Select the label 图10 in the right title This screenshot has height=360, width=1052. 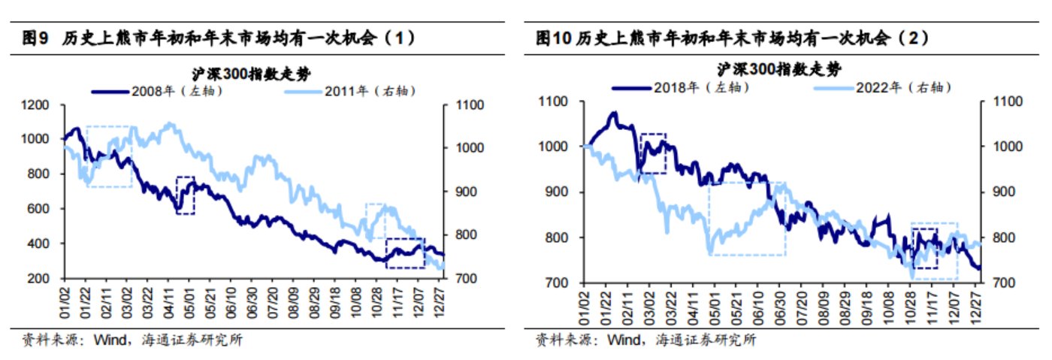point(553,38)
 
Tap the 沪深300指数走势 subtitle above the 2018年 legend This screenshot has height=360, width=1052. point(778,69)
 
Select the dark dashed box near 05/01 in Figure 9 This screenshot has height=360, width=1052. point(185,195)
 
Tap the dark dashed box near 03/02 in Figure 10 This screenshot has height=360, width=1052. point(653,153)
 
